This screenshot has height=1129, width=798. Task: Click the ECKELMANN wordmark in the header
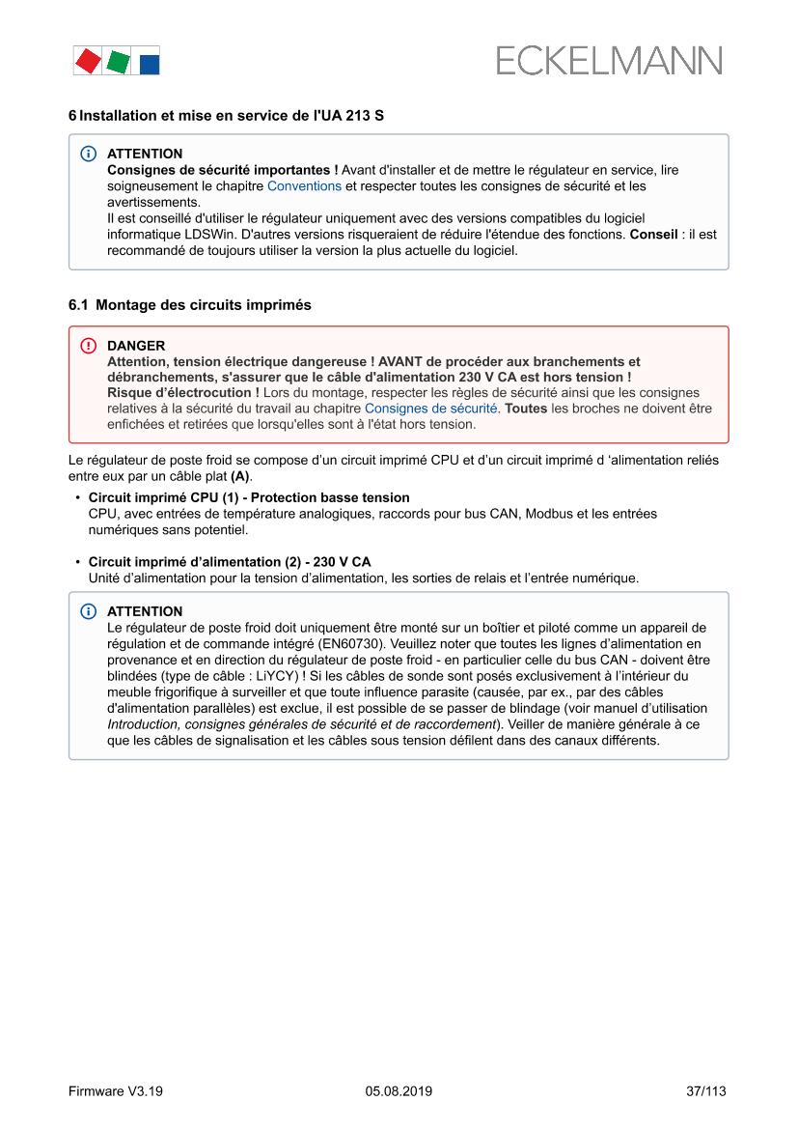coord(609,61)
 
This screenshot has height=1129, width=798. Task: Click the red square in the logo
coord(88,61)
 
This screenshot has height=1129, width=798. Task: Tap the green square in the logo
coord(118,62)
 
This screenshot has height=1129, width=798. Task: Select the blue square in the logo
coord(149,65)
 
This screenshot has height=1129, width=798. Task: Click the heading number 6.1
coord(78,304)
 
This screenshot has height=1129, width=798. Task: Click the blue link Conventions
coord(304,185)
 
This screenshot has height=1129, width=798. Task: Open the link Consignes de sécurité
coord(430,409)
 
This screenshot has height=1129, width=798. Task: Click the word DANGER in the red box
coord(136,346)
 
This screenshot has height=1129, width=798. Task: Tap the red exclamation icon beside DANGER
coord(89,346)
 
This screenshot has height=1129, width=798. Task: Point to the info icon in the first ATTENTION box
coord(89,154)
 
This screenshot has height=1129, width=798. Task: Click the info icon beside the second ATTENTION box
coord(89,611)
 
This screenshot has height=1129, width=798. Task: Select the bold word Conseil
coord(653,235)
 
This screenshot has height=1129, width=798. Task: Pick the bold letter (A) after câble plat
coord(240,477)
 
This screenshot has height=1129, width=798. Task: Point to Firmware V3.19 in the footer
coord(116,1091)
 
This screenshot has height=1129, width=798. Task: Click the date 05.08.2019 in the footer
coord(399,1091)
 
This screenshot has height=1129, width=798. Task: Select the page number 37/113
coord(706,1091)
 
